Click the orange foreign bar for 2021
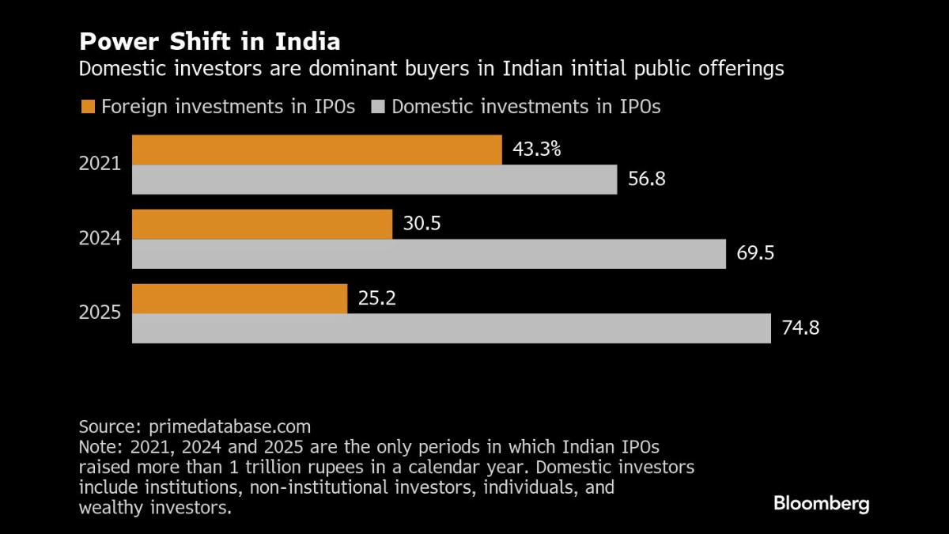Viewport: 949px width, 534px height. point(316,150)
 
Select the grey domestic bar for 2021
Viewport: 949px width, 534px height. point(374,180)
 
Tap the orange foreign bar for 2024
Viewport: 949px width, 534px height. point(262,224)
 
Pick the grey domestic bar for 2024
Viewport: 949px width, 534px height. point(429,254)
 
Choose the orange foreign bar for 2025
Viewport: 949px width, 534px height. point(240,298)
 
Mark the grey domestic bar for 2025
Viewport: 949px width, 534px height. point(451,328)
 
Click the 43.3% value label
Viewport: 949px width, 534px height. point(537,149)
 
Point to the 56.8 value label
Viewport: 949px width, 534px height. point(646,180)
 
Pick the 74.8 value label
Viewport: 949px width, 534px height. point(800,328)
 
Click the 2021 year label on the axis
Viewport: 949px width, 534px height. point(100,165)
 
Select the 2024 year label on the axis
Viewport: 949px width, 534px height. point(100,238)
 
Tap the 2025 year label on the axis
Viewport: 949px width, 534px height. point(100,312)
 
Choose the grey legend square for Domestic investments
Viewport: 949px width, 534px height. point(377,107)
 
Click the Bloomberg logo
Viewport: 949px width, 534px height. point(821,504)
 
